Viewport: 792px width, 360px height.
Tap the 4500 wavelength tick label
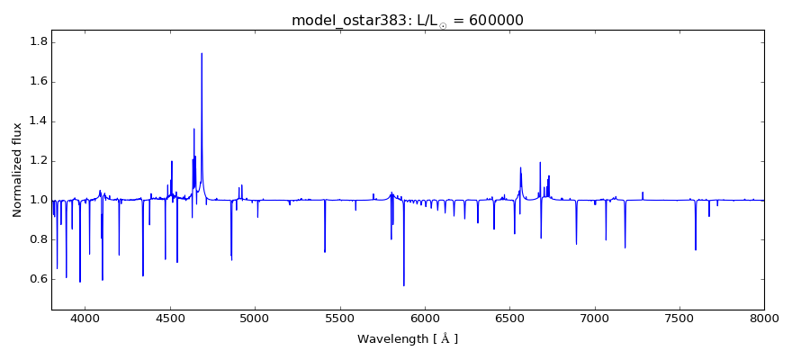click(170, 318)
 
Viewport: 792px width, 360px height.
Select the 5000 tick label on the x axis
click(255, 318)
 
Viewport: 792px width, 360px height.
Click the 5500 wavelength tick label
click(339, 318)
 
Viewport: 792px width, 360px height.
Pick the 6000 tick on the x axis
click(425, 318)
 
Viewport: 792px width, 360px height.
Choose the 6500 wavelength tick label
click(509, 318)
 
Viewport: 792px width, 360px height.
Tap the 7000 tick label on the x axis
click(594, 318)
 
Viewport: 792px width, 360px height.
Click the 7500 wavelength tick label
click(679, 318)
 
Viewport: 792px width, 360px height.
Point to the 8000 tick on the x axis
click(764, 318)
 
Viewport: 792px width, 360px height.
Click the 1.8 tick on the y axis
click(37, 42)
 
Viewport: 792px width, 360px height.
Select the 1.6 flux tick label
click(37, 82)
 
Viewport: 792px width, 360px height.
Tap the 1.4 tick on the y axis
click(37, 121)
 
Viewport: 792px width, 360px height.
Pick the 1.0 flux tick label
click(37, 200)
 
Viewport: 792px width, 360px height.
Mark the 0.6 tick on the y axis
click(37, 279)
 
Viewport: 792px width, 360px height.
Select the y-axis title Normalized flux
click(17, 171)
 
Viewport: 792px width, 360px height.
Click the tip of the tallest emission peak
click(202, 53)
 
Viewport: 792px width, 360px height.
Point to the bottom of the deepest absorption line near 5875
click(403, 285)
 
